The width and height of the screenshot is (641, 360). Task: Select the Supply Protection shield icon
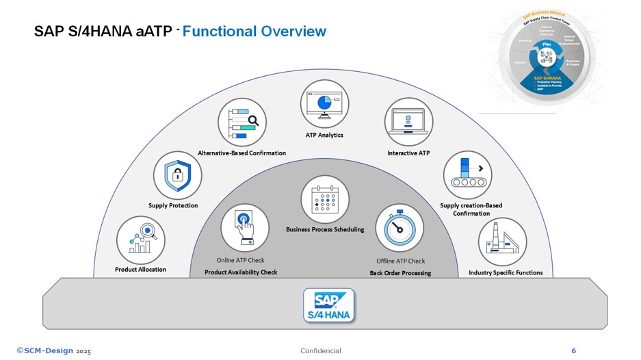[x=177, y=176]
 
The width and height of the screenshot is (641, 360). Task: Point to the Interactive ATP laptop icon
[x=408, y=122]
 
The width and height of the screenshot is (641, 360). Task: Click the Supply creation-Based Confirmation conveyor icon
[x=467, y=176]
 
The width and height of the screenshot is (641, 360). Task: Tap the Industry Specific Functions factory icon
[x=502, y=242]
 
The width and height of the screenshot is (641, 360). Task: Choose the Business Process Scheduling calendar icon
[x=325, y=199]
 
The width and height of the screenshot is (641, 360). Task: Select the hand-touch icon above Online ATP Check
[x=244, y=228]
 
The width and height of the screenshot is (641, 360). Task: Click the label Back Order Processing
[x=400, y=273]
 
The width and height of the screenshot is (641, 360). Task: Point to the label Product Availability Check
[x=241, y=272]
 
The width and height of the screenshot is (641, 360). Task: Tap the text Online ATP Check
[x=240, y=260]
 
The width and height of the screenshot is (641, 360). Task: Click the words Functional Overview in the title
[x=254, y=31]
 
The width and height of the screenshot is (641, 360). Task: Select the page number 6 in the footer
[x=573, y=350]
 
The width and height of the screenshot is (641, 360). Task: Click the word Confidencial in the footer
[x=320, y=350]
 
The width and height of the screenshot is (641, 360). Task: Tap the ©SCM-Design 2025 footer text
[x=53, y=350]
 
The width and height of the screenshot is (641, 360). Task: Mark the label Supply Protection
[x=173, y=205]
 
